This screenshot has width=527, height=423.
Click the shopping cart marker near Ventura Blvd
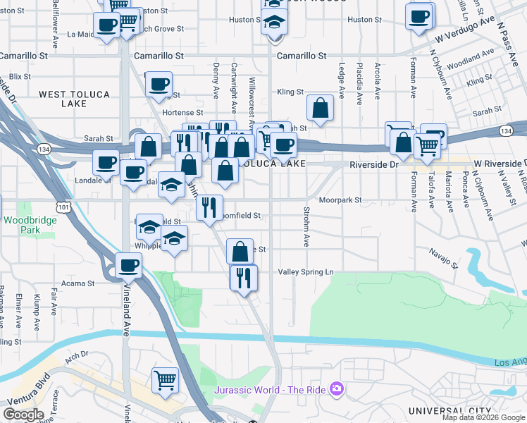click(x=165, y=380)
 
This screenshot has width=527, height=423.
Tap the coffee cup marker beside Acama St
click(x=128, y=265)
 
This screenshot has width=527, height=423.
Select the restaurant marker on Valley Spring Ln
click(x=243, y=276)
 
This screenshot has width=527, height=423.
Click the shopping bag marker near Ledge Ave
click(x=320, y=109)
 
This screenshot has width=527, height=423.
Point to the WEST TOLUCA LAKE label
click(x=63, y=98)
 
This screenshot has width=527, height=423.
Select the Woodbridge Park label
click(x=20, y=225)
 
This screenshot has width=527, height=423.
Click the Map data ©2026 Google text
click(x=483, y=417)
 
